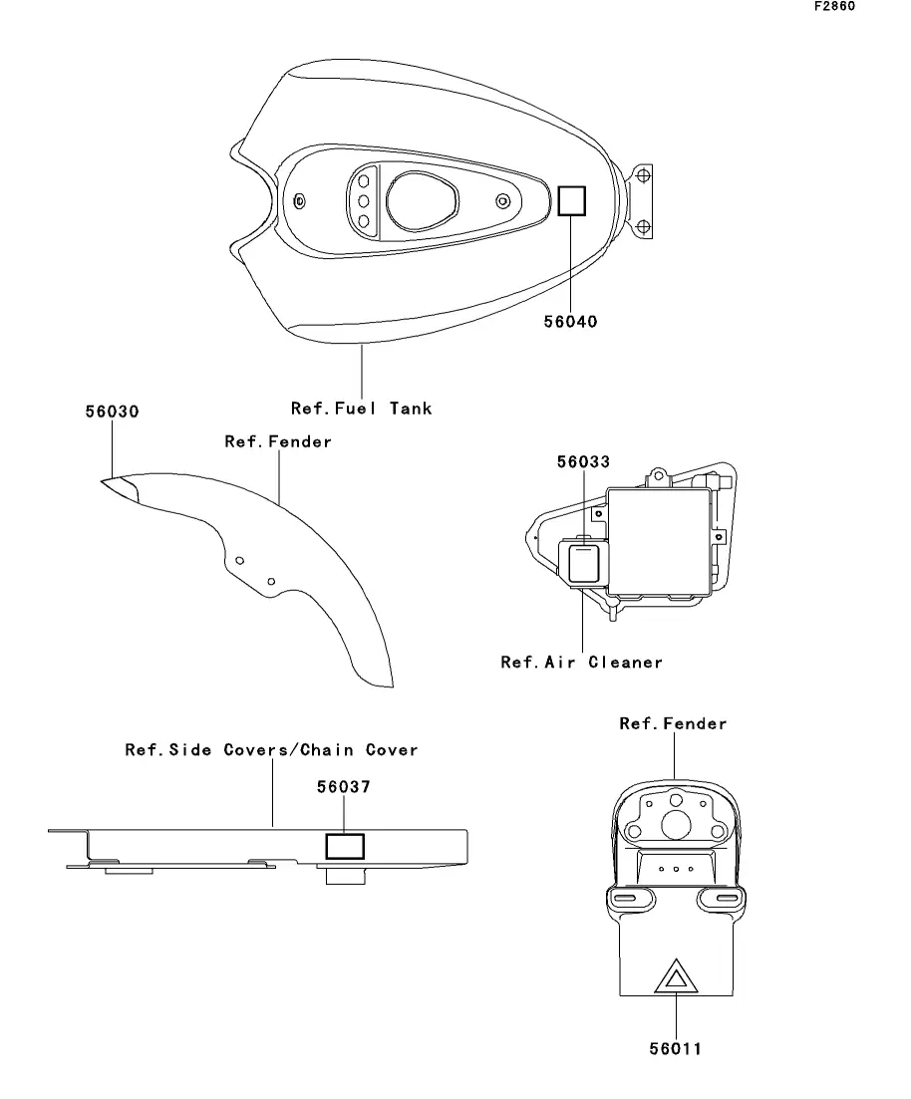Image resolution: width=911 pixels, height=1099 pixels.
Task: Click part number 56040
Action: pyautogui.click(x=571, y=322)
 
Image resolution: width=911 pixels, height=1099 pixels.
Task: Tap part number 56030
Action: pyautogui.click(x=113, y=412)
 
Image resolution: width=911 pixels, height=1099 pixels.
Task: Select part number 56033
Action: pyautogui.click(x=583, y=462)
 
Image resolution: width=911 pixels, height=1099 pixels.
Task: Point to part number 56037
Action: pyautogui.click(x=344, y=787)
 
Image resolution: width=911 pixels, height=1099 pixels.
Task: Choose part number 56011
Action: pyautogui.click(x=676, y=1048)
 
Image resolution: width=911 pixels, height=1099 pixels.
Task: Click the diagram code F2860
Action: pyautogui.click(x=834, y=6)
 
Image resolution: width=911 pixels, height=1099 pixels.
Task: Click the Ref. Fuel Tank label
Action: pyautogui.click(x=361, y=409)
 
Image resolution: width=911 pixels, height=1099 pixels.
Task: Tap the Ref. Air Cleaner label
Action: pyautogui.click(x=581, y=663)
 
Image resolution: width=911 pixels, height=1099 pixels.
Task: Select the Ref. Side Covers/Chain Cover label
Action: pyautogui.click(x=271, y=750)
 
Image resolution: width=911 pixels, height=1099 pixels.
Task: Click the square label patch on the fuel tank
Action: pyautogui.click(x=571, y=201)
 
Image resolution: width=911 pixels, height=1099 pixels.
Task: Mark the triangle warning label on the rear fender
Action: pyautogui.click(x=676, y=976)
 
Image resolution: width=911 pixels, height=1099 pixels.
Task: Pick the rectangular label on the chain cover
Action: pyautogui.click(x=344, y=847)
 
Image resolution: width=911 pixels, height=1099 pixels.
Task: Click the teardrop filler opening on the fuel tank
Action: pyautogui.click(x=422, y=202)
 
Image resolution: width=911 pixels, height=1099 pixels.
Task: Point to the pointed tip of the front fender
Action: pyautogui.click(x=102, y=481)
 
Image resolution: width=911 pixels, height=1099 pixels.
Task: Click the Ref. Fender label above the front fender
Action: pyautogui.click(x=278, y=441)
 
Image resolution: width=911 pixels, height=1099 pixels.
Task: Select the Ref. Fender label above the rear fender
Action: pyautogui.click(x=673, y=723)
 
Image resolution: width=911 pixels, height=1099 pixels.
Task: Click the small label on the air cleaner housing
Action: pyautogui.click(x=583, y=564)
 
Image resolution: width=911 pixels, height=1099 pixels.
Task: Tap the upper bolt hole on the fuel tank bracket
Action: pyautogui.click(x=643, y=175)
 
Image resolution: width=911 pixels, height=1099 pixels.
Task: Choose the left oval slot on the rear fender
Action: pyautogui.click(x=624, y=898)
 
